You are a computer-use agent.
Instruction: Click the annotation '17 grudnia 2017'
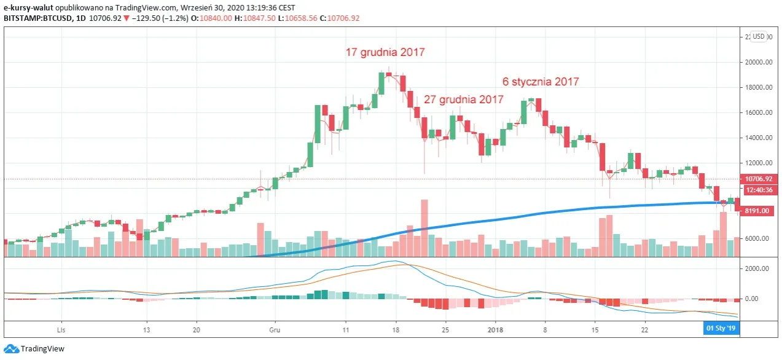(x=385, y=53)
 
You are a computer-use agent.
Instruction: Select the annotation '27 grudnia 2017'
(x=463, y=100)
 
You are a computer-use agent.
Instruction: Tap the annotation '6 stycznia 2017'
(x=541, y=82)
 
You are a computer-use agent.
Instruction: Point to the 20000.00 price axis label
(x=757, y=62)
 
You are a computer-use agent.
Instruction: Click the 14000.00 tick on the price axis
(x=757, y=138)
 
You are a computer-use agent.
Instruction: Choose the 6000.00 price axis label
(x=757, y=238)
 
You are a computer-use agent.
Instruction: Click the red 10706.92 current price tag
(x=759, y=179)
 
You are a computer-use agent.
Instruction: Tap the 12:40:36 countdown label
(x=759, y=190)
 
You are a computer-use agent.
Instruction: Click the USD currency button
(x=759, y=36)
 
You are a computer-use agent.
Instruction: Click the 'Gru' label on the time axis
(x=275, y=329)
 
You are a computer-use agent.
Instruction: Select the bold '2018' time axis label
(x=495, y=329)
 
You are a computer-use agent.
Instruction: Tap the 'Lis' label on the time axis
(x=61, y=329)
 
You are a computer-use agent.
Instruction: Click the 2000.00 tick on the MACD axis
(x=757, y=269)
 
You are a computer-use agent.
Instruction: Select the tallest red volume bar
(x=424, y=227)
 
